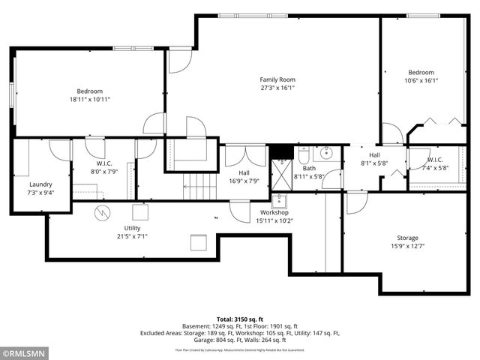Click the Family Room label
tap(277, 79)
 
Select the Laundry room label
tap(41, 184)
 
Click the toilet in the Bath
tap(303, 156)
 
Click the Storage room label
tap(408, 238)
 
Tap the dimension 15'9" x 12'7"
tap(408, 247)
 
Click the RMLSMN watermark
tap(24, 352)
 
